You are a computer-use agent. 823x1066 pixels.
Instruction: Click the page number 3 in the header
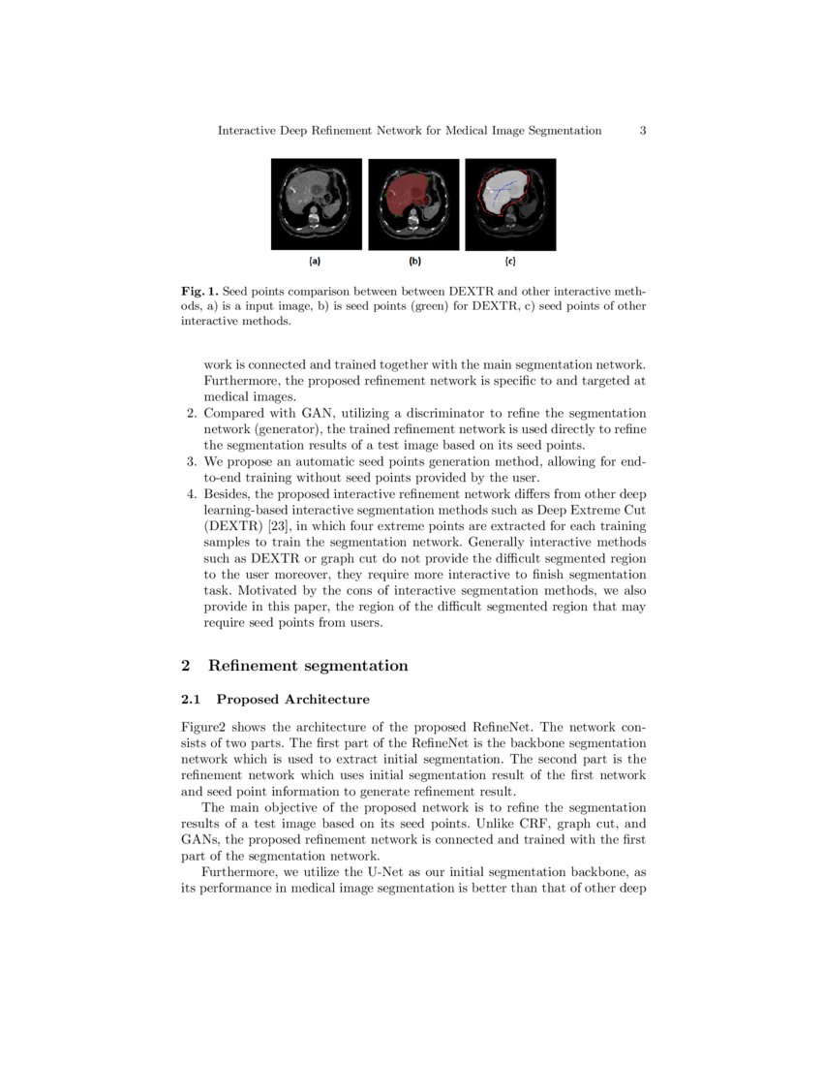coord(643,130)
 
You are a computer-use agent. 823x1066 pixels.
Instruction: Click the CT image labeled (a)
coord(316,204)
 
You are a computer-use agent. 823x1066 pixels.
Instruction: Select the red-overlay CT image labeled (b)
coord(413,204)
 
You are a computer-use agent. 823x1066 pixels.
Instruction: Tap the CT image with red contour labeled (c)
coord(510,204)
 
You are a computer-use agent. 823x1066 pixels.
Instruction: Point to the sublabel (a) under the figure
coord(315,261)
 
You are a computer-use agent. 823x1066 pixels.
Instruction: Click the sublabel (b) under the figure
coord(414,261)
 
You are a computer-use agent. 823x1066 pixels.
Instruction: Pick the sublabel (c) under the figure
coord(510,261)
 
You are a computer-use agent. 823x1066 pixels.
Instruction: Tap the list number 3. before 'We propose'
coord(191,461)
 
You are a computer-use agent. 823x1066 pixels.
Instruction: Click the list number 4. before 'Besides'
coord(191,493)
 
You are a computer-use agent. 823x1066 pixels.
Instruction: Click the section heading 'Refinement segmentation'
coord(308,666)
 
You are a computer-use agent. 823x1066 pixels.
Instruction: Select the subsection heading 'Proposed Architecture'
coord(292,700)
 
